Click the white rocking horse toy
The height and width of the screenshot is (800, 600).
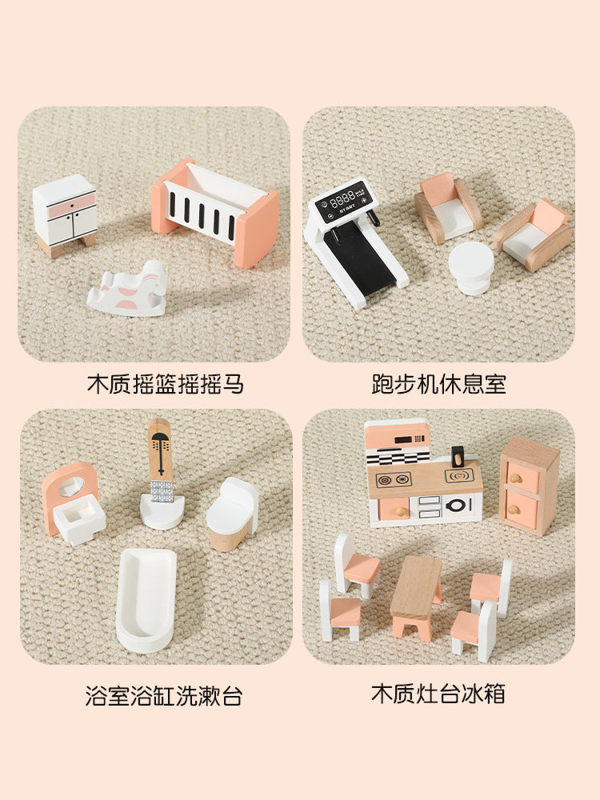(128, 290)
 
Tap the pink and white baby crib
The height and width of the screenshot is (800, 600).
(215, 212)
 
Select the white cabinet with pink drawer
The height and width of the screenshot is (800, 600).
(66, 215)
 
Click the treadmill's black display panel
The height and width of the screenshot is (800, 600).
(342, 198)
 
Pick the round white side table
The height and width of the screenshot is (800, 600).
(471, 268)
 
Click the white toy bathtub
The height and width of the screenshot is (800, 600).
(146, 600)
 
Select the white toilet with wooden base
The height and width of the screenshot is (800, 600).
(232, 514)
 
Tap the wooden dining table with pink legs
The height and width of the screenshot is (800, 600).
(416, 597)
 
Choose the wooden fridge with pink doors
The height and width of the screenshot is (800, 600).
(529, 485)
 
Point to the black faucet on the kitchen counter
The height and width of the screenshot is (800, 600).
(458, 457)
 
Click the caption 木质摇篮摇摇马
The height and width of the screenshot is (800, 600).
(166, 384)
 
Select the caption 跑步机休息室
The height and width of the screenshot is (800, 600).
(438, 384)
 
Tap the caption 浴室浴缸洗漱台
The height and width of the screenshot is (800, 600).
(164, 696)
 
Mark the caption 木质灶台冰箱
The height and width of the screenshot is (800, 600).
(438, 694)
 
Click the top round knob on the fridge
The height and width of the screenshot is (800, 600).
(515, 478)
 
